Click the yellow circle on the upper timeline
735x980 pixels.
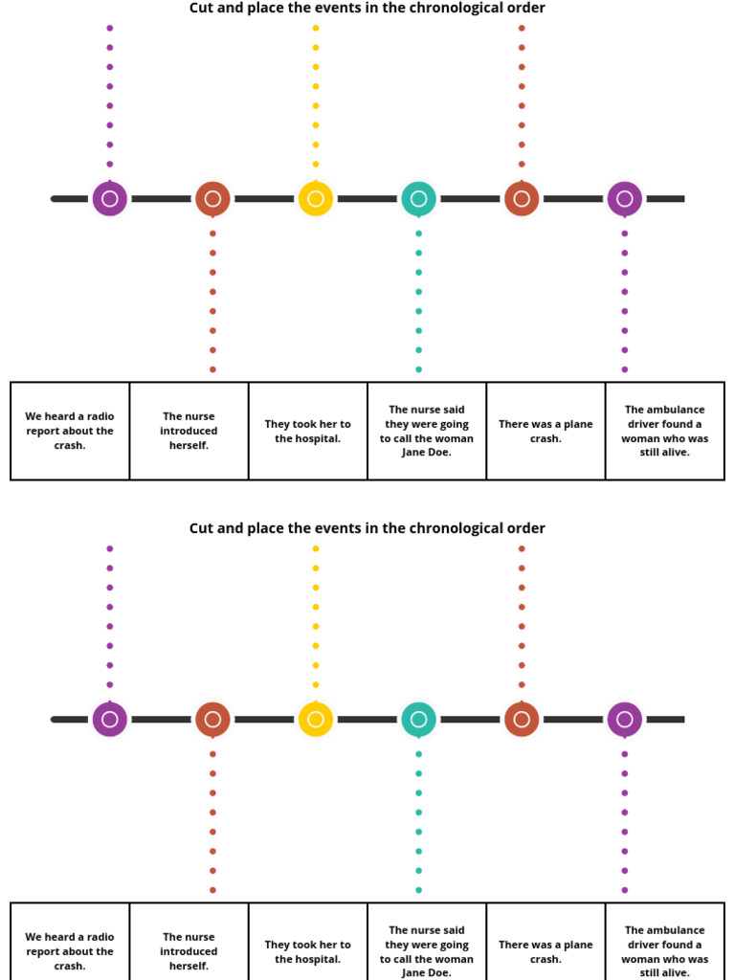tap(316, 199)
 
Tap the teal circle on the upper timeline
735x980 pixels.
tap(418, 199)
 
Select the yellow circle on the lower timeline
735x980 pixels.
tap(316, 720)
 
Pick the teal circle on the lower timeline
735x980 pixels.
tap(418, 720)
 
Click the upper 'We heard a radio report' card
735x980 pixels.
tap(70, 431)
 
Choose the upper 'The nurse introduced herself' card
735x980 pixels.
tap(189, 431)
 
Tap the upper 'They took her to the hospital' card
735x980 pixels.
tap(308, 431)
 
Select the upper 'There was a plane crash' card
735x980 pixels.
tap(546, 431)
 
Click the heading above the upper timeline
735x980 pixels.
tap(367, 9)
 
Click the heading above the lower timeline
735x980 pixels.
tap(367, 528)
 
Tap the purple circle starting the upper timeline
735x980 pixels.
tap(110, 199)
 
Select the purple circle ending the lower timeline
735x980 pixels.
tap(625, 720)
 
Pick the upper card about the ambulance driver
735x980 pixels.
tap(665, 431)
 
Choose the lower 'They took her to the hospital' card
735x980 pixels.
tap(308, 950)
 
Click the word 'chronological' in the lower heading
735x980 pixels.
tap(461, 528)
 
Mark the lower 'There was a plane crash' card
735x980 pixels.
tap(546, 950)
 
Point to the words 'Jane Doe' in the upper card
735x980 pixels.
tap(426, 453)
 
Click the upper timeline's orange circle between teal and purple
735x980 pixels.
tap(522, 199)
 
